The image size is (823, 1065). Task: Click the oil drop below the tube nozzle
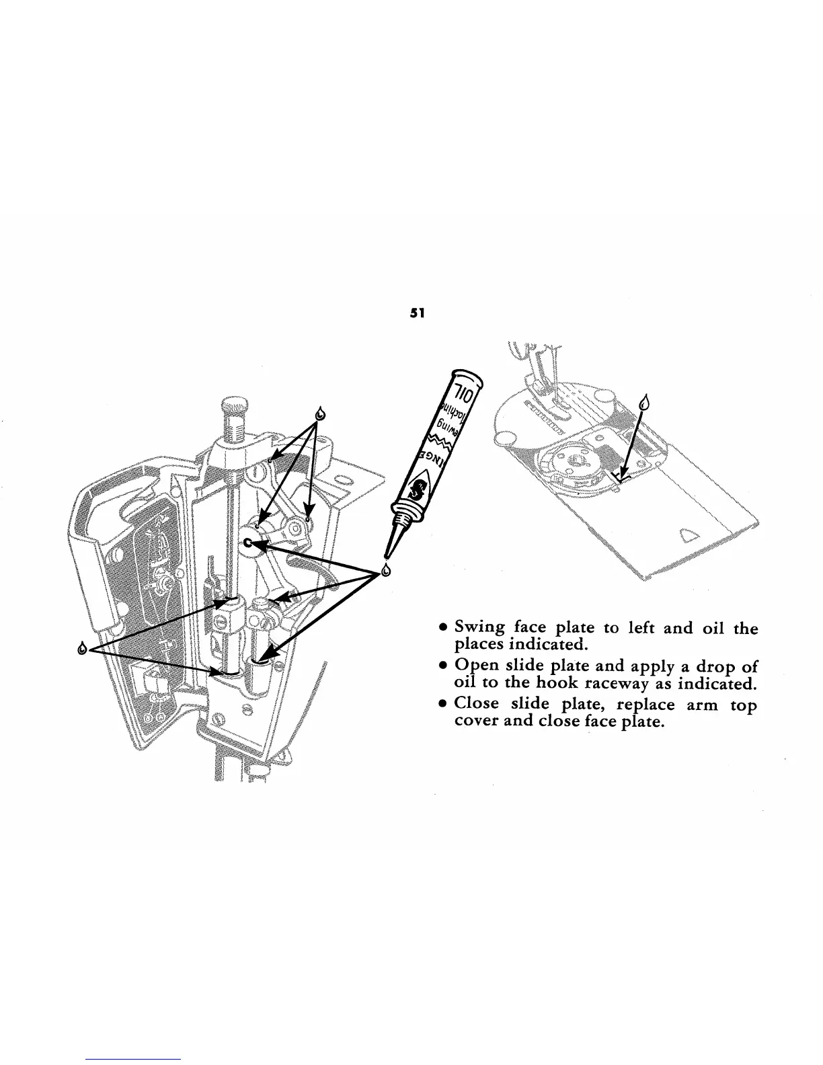pos(386,571)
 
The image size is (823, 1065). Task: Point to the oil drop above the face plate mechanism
pos(321,411)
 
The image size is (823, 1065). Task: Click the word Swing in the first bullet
pos(479,628)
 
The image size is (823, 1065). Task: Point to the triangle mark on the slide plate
pos(691,535)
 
